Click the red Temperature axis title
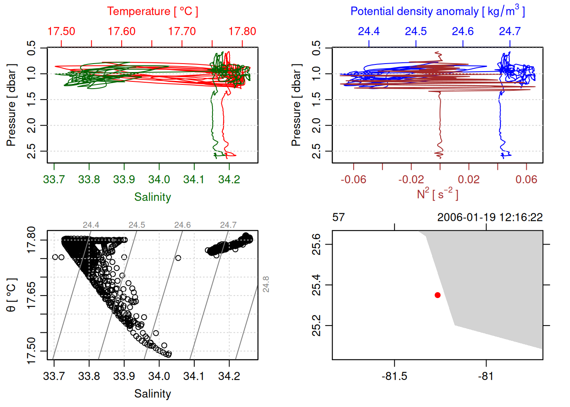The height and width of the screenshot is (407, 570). click(x=152, y=11)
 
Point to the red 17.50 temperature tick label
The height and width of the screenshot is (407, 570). click(x=61, y=31)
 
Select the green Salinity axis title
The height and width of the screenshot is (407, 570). click(x=152, y=197)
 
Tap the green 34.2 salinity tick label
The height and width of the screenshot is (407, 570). click(x=229, y=180)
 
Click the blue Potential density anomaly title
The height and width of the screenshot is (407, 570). click(x=437, y=11)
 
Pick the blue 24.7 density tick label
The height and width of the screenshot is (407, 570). click(x=509, y=31)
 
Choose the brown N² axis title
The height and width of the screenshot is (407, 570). click(x=437, y=194)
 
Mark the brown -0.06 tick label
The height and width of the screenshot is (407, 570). click(x=353, y=180)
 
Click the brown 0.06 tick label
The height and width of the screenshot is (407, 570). click(x=526, y=180)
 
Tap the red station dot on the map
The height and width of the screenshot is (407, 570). click(x=438, y=295)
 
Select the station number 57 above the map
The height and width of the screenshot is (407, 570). click(x=338, y=217)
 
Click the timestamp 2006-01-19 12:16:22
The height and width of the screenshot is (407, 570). click(x=490, y=217)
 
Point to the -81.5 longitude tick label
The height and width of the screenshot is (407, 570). click(x=394, y=376)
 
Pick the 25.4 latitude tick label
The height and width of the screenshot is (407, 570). click(x=316, y=285)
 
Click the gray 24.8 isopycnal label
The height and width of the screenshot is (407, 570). click(x=266, y=284)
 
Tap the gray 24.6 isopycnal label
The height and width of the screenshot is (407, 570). click(x=182, y=225)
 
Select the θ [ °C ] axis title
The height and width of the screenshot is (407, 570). click(x=11, y=295)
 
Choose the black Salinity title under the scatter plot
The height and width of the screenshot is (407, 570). click(x=152, y=394)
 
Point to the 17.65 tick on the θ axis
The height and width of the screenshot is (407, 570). click(x=31, y=295)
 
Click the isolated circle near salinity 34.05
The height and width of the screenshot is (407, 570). click(x=178, y=258)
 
